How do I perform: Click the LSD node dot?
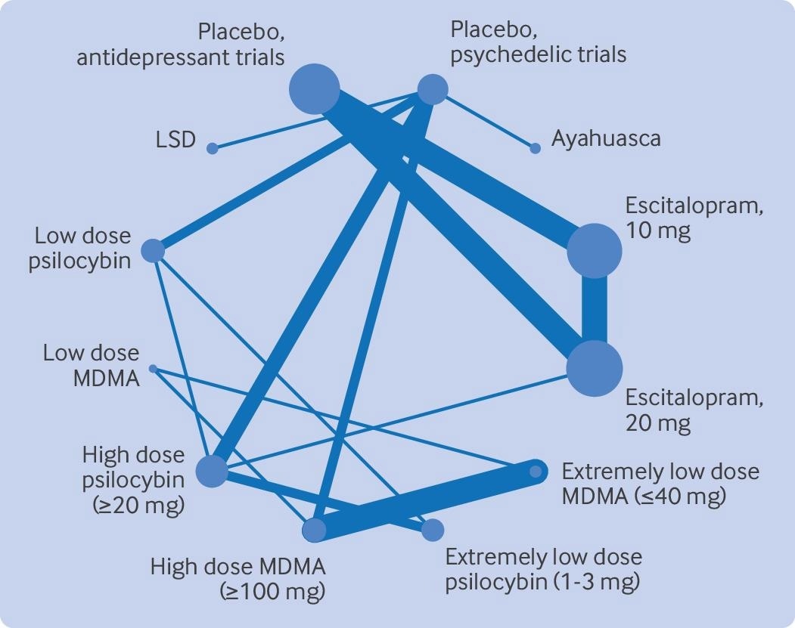(213, 148)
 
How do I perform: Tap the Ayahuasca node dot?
(536, 148)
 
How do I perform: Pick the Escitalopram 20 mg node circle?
(595, 368)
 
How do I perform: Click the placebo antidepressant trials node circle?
(315, 89)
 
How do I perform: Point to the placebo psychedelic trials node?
(433, 90)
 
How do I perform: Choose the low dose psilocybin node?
(153, 250)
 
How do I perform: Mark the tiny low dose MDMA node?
(153, 369)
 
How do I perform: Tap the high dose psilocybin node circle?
(212, 472)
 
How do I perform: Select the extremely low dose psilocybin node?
(433, 530)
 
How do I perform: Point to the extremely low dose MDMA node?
(536, 472)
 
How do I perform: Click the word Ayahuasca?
(606, 139)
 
